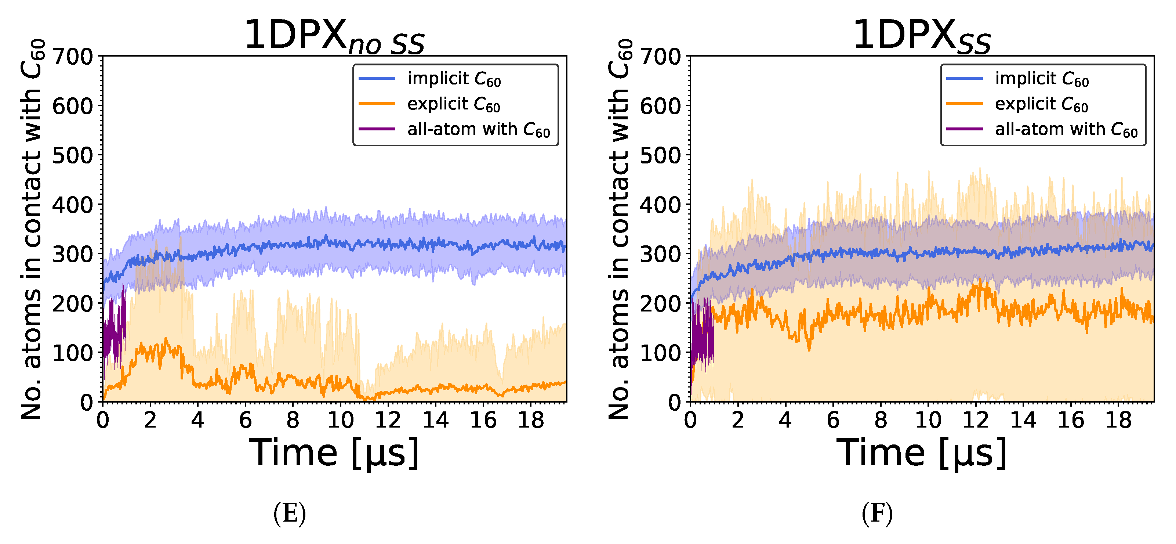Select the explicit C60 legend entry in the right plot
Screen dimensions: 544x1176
tap(1041, 104)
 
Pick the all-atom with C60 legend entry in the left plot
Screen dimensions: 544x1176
tap(478, 130)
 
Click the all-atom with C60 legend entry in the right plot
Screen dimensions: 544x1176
tap(1066, 130)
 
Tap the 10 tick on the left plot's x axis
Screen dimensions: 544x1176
tap(340, 419)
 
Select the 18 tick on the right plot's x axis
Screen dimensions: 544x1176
tap(1118, 419)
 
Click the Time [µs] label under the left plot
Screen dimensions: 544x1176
tap(334, 453)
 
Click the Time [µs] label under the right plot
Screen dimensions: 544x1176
tap(921, 453)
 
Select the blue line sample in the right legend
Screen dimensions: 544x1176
tap(964, 79)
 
